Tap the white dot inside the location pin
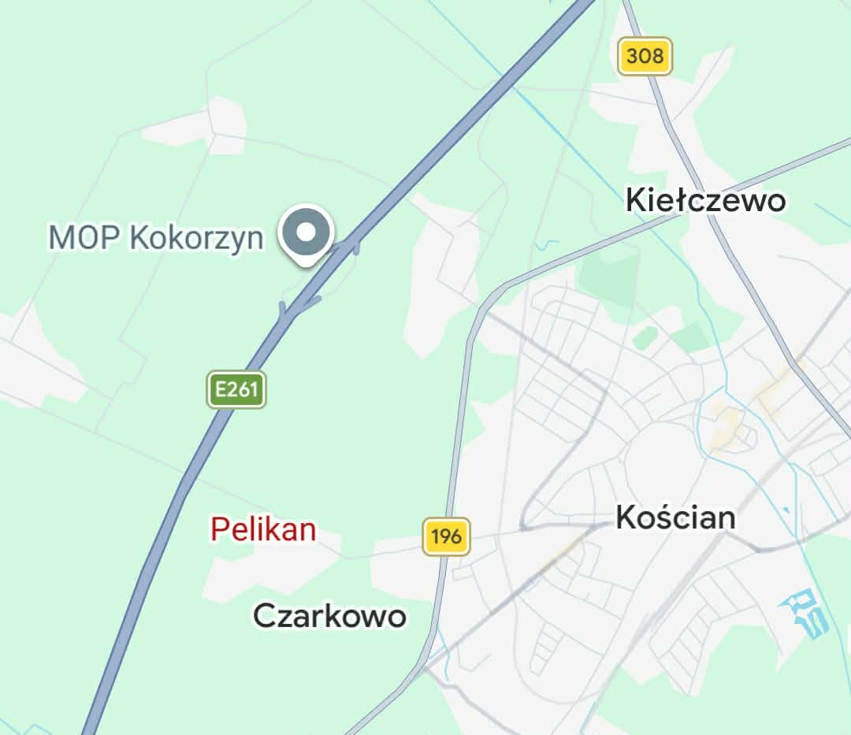(x=308, y=232)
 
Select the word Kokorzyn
(x=196, y=236)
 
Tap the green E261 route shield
(x=236, y=389)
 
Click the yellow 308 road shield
(x=645, y=56)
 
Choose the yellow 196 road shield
(x=446, y=537)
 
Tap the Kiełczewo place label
(x=705, y=200)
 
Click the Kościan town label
(x=675, y=518)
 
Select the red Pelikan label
(x=263, y=529)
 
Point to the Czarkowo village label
(x=329, y=615)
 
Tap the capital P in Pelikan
(x=220, y=529)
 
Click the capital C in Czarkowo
(x=264, y=615)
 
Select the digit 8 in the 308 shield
(x=658, y=56)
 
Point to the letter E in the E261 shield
(x=221, y=389)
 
